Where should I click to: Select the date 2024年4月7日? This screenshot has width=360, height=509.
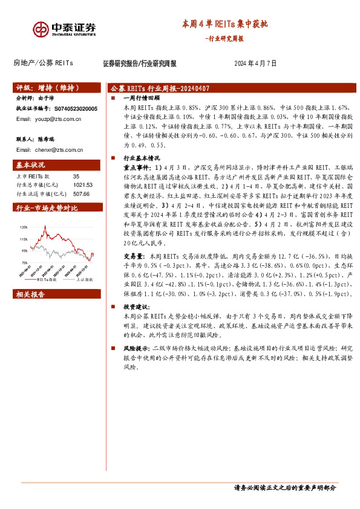coord(255,63)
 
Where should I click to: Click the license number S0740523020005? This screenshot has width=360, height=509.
coord(76,108)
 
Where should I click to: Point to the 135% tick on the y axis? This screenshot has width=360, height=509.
coord(24,227)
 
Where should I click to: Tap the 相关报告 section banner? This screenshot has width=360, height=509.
coord(31,294)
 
